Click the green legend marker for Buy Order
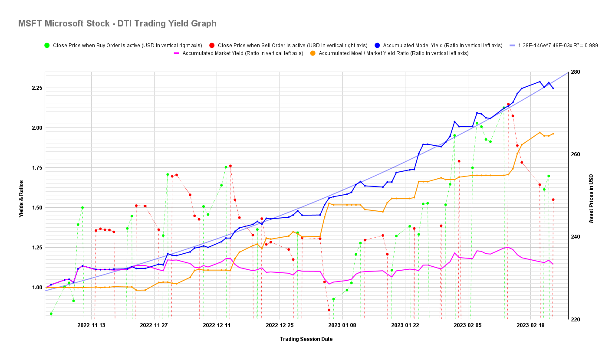click(x=47, y=45)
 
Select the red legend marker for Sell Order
click(x=212, y=45)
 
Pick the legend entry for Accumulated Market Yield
click(x=238, y=53)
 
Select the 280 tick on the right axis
click(x=576, y=72)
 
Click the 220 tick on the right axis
click(x=576, y=319)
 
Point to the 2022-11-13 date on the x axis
click(x=92, y=325)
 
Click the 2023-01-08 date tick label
click(x=342, y=325)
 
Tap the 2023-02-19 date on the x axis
click(x=530, y=325)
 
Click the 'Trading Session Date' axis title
click(x=306, y=339)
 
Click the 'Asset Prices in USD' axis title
click(x=591, y=199)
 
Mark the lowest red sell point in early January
click(x=329, y=310)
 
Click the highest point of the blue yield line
click(x=540, y=82)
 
